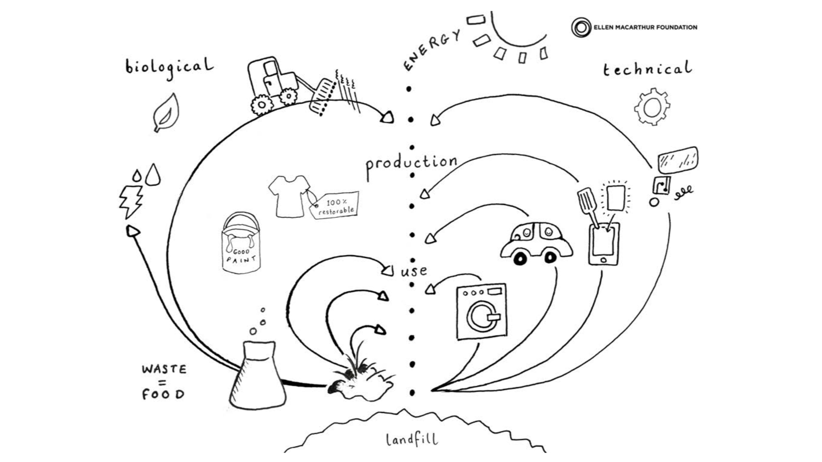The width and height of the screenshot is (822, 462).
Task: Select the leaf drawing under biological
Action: [166, 113]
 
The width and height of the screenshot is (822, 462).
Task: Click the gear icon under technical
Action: [652, 107]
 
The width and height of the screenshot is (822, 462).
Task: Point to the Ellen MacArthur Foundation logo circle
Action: [581, 27]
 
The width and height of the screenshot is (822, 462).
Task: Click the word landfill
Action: [412, 439]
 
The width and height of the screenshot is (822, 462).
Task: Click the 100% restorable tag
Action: [335, 205]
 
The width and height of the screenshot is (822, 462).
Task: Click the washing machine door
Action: [482, 316]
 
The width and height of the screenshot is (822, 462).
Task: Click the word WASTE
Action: [164, 369]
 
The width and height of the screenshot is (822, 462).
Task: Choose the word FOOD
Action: [163, 394]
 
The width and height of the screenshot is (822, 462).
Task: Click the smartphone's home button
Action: [604, 260]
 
